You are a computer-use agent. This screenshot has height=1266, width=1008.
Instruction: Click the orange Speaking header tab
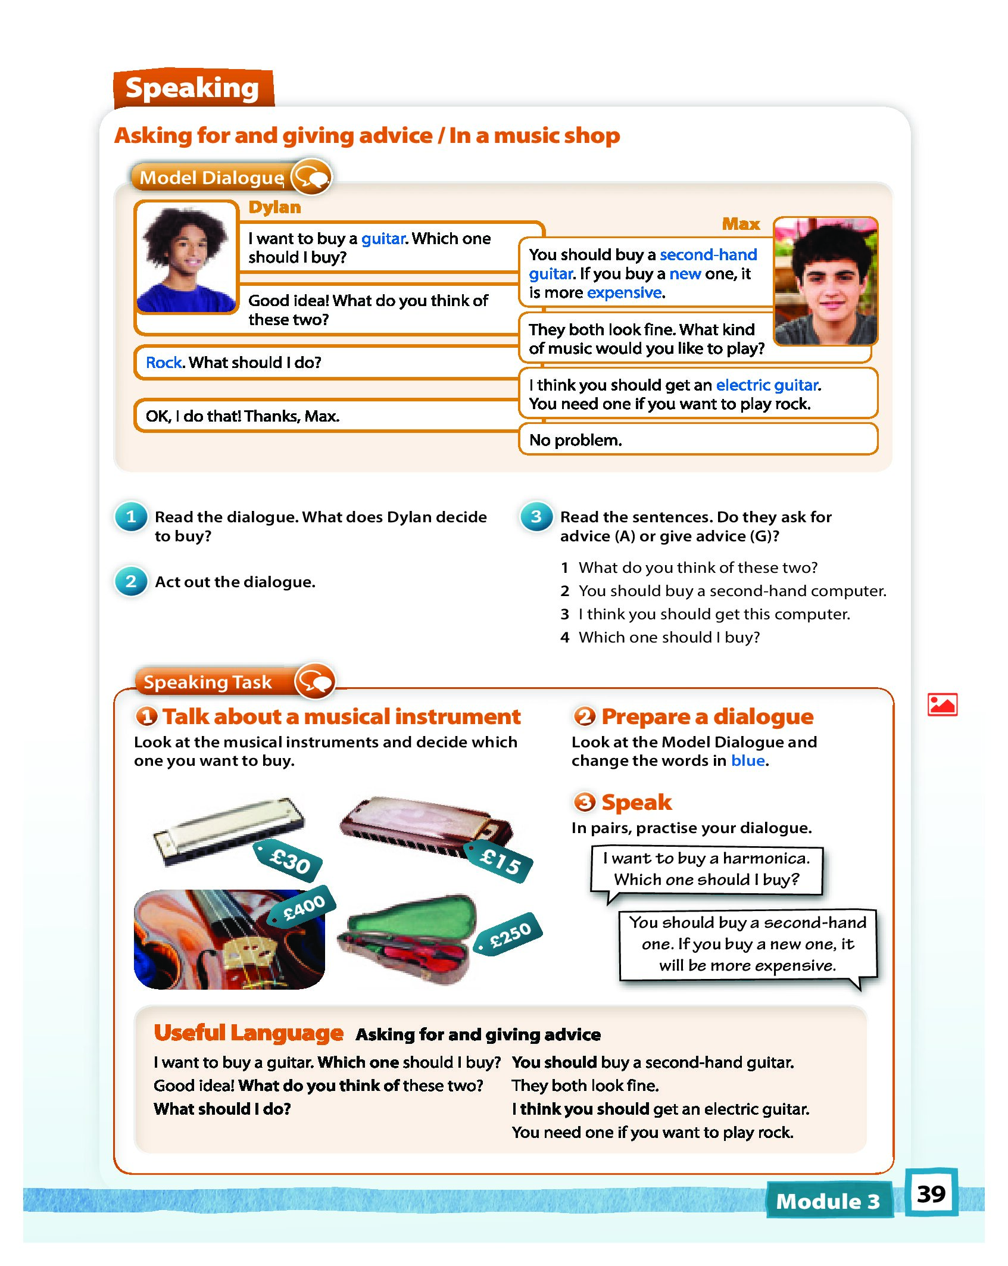pos(192,88)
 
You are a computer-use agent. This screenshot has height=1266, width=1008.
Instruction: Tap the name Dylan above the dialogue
pos(274,207)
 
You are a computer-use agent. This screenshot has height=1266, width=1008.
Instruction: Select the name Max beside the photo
pos(741,224)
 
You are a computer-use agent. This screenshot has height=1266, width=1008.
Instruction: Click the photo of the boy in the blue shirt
pos(186,258)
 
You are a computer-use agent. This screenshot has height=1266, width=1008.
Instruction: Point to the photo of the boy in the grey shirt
pos(826,281)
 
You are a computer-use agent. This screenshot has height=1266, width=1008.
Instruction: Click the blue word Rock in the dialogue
pos(164,363)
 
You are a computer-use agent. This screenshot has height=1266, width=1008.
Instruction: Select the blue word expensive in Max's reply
pos(624,293)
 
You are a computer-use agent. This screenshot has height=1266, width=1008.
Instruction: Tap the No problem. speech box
pos(698,440)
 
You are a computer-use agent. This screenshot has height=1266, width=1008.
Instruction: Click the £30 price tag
pos(289,861)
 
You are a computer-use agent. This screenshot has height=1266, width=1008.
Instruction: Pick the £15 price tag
pos(500,861)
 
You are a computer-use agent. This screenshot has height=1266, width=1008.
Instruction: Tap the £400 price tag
pos(304,908)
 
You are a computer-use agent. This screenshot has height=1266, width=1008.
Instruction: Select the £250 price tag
pos(510,934)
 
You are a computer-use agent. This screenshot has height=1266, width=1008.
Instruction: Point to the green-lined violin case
pos(407,937)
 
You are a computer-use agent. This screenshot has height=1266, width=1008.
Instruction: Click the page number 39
pos(931,1194)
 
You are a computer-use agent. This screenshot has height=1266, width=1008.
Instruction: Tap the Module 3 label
pos(828,1200)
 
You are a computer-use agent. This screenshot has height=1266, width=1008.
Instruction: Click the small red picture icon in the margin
pos(942,705)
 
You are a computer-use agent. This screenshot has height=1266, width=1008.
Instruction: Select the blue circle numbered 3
pos(536,517)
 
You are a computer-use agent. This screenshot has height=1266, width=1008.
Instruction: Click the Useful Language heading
pos(248,1033)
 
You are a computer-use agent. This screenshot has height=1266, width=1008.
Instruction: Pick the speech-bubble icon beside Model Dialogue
pos(311,177)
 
